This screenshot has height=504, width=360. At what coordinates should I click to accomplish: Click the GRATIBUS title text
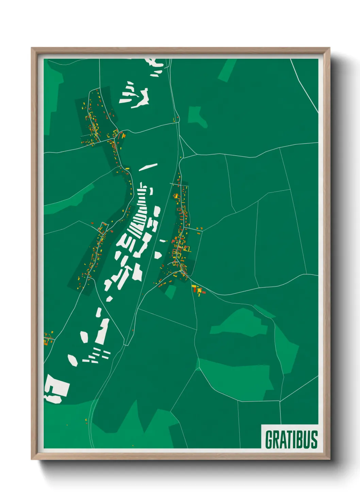(291, 439)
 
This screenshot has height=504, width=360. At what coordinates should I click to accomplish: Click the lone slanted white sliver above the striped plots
(148, 167)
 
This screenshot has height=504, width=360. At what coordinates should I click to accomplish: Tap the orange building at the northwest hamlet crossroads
(124, 136)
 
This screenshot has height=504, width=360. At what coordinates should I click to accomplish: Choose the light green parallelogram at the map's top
(227, 70)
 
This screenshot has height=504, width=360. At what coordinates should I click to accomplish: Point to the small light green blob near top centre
(197, 116)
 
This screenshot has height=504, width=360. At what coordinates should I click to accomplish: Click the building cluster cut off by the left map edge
(48, 339)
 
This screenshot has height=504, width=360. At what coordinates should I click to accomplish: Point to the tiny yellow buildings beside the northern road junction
(176, 119)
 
